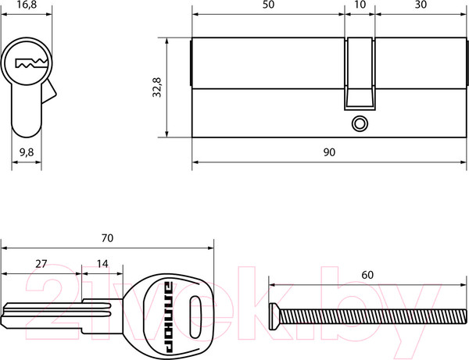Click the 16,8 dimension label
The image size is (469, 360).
(x=27, y=5)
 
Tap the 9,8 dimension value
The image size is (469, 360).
(x=27, y=152)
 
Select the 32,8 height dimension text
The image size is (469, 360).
(x=157, y=87)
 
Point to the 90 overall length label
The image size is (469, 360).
(x=329, y=152)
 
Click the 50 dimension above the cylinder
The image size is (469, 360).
(x=268, y=5)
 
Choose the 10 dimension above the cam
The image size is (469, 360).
(x=360, y=5)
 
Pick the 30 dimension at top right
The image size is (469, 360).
(x=421, y=5)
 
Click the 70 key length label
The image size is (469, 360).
(x=107, y=238)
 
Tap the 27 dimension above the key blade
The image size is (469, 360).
(x=41, y=264)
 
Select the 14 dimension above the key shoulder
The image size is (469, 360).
(x=102, y=264)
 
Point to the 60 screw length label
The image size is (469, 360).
(x=367, y=275)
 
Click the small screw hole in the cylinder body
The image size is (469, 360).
(x=360, y=123)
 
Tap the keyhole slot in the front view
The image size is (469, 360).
(x=31, y=63)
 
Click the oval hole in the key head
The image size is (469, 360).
(x=195, y=317)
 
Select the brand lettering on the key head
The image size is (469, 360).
(x=169, y=317)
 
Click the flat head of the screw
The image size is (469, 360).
(x=274, y=316)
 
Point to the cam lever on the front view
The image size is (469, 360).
(x=48, y=91)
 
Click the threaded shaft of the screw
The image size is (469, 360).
(x=373, y=317)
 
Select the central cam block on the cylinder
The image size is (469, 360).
(x=360, y=73)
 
